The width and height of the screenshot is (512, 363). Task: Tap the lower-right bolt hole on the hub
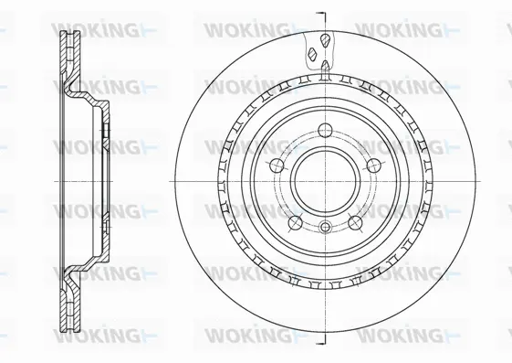point(355,220)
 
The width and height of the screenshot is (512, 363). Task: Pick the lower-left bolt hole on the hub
point(293,220)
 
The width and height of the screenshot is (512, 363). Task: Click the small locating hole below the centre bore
point(324,227)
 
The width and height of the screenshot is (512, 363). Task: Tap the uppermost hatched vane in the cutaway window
point(324,37)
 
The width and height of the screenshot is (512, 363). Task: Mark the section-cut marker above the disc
point(320,16)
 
